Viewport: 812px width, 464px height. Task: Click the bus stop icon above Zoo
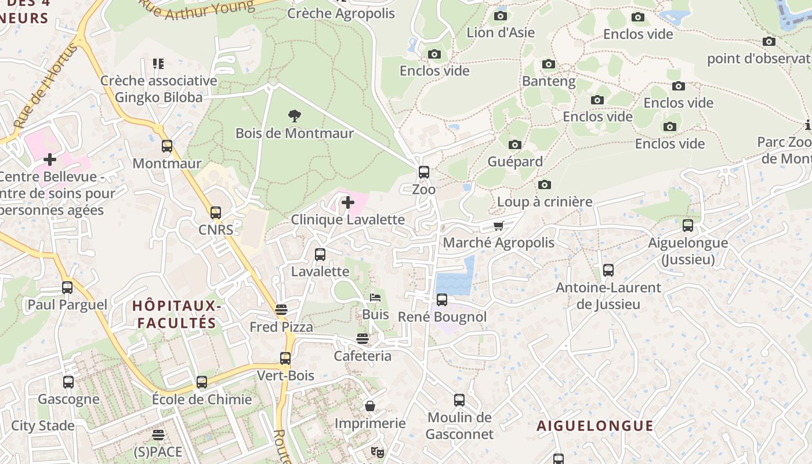[424, 172]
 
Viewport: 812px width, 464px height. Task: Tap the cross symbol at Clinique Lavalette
[348, 202]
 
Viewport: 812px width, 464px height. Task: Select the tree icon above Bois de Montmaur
[295, 116]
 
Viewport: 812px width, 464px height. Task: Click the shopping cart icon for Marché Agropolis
[498, 226]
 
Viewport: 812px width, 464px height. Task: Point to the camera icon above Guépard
[514, 144]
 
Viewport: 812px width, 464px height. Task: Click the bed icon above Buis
[375, 298]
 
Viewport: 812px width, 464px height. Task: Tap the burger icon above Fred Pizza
[281, 310]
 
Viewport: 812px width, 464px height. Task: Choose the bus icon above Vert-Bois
[285, 358]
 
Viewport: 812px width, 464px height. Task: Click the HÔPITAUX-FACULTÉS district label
[175, 314]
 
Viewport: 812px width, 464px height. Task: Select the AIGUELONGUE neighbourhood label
[595, 426]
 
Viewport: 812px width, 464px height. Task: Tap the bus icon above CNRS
[216, 213]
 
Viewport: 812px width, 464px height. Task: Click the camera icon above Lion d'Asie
[500, 16]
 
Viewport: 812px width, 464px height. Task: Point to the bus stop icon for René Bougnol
[442, 300]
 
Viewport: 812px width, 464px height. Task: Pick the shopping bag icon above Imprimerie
[370, 406]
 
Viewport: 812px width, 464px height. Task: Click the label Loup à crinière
[545, 202]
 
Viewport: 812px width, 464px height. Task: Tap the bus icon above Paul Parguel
[67, 288]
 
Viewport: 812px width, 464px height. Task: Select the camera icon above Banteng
[549, 64]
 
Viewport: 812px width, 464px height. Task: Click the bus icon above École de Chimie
[202, 382]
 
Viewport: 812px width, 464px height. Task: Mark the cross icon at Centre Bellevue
[50, 159]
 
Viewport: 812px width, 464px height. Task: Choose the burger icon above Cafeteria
[362, 339]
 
